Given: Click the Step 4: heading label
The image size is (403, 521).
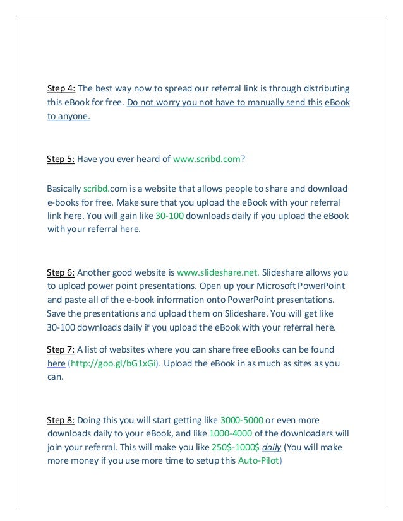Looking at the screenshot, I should tap(61, 88).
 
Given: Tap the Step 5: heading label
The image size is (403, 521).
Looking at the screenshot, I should tap(61, 160).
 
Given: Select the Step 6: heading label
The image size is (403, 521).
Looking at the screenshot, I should tap(61, 272).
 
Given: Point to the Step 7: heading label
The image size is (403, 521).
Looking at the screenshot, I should tap(61, 349).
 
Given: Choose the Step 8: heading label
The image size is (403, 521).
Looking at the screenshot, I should tap(61, 420).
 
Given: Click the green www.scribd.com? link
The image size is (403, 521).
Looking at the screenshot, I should tap(208, 160).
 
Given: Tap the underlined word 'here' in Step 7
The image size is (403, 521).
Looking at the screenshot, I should tap(56, 364).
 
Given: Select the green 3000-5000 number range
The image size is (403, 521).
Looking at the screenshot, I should tap(242, 420).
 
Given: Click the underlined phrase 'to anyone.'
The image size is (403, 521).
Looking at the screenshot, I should tap(69, 116).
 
